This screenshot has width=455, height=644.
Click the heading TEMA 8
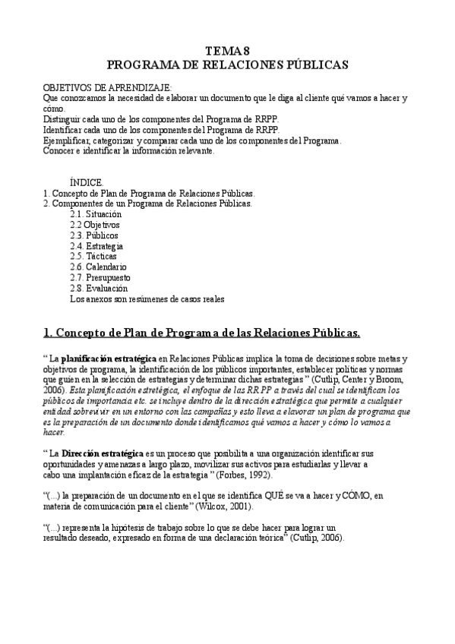click(x=227, y=51)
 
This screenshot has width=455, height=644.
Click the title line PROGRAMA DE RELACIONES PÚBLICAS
click(x=227, y=65)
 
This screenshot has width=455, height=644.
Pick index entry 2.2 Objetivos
click(x=94, y=225)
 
